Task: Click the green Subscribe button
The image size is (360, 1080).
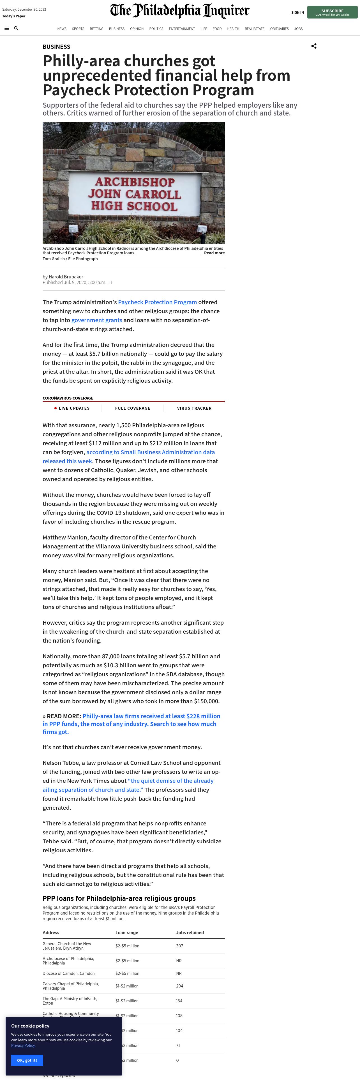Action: [x=332, y=12]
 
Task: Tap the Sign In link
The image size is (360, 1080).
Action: [x=297, y=13]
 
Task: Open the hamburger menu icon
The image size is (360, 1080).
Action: [x=7, y=29]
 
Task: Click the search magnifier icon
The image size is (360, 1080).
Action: [x=16, y=29]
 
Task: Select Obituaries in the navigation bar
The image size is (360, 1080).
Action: [x=279, y=29]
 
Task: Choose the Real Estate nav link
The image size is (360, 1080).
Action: [x=254, y=29]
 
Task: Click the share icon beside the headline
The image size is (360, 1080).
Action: [x=313, y=46]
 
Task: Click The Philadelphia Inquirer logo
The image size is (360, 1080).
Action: [x=179, y=11]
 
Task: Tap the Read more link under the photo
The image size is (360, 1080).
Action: [x=214, y=253]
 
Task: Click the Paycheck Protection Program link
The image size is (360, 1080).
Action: [x=157, y=302]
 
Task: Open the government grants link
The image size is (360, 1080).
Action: [x=97, y=320]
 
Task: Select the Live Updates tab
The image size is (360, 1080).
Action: [x=74, y=408]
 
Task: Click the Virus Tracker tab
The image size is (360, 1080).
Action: [x=194, y=408]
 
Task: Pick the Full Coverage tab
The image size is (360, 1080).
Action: [x=132, y=408]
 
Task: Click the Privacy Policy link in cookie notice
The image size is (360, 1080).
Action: [x=24, y=1045]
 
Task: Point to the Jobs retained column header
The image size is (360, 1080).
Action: [x=190, y=933]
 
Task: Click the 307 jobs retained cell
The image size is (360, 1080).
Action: [x=179, y=946]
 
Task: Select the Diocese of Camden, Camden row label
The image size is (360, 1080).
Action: [x=68, y=973]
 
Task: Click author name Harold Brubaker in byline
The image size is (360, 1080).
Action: [x=66, y=277]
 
